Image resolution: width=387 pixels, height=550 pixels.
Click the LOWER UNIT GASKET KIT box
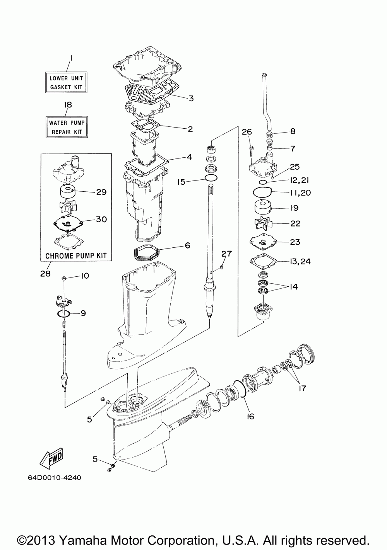point(66,82)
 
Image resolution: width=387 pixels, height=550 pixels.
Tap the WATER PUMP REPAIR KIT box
point(67,127)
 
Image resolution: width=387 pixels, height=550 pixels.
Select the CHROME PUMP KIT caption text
point(76,256)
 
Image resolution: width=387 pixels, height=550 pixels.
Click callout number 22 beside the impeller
point(295,223)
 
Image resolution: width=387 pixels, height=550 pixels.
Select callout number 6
point(188,245)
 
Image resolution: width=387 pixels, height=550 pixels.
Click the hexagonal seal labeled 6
point(147,249)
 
